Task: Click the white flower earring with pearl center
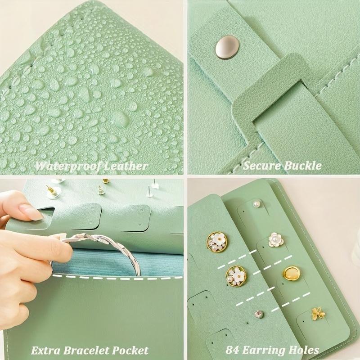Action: [x=275, y=239]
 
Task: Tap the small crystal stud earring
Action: [x=258, y=314]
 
